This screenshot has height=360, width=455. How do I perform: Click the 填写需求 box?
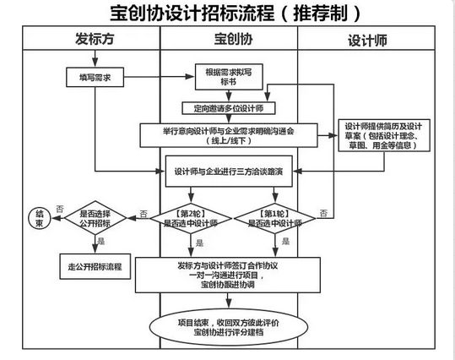[x=95, y=77]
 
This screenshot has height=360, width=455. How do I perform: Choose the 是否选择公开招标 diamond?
[x=94, y=219]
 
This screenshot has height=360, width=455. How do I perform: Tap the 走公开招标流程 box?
[x=95, y=266]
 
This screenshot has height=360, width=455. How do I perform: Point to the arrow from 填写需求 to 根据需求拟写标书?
[x=160, y=78]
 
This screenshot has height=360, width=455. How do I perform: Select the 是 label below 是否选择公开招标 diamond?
[x=102, y=241]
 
